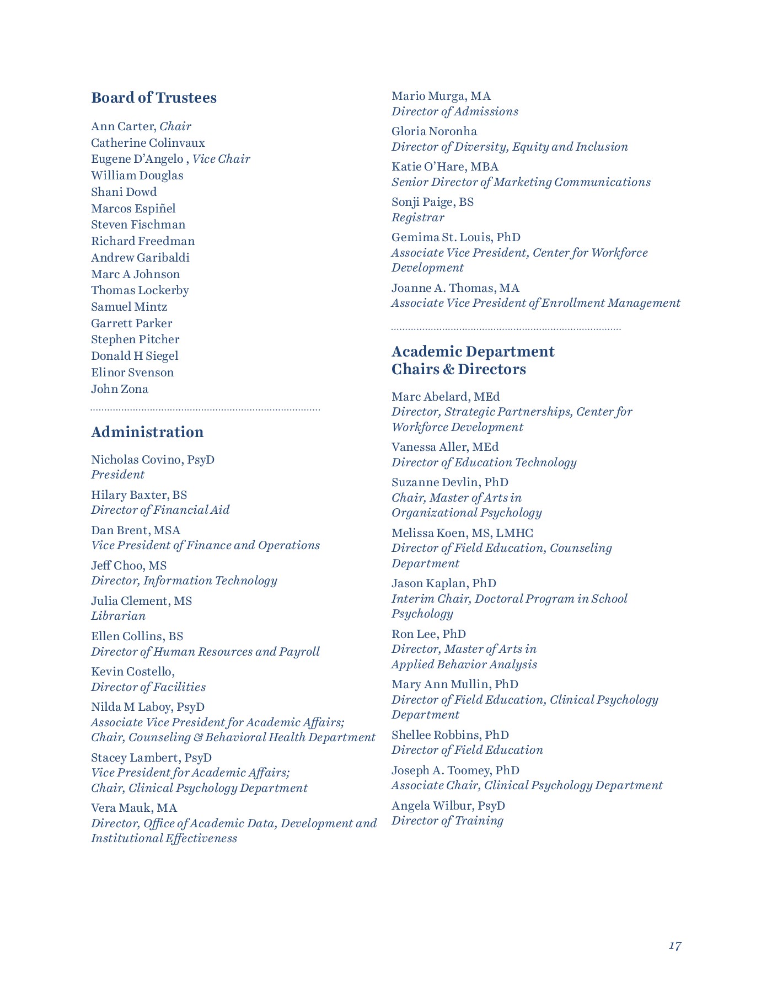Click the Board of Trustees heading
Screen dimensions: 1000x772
click(154, 98)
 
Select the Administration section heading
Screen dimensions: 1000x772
click(147, 432)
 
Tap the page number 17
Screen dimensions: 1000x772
click(675, 946)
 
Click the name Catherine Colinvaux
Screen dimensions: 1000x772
click(148, 143)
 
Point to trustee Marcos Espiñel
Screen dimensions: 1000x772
click(133, 209)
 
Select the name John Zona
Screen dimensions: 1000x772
click(120, 389)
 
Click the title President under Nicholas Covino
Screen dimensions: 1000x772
click(117, 475)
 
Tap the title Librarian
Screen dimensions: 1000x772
click(118, 616)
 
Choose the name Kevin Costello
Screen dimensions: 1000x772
click(132, 672)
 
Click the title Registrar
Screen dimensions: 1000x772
click(417, 217)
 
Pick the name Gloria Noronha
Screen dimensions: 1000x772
click(434, 131)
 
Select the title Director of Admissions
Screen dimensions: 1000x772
click(455, 111)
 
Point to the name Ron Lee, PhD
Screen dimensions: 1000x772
click(428, 634)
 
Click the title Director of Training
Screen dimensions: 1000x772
click(447, 821)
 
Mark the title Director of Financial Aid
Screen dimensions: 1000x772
click(160, 510)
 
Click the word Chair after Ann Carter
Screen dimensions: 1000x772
click(175, 126)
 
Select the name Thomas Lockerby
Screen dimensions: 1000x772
click(140, 290)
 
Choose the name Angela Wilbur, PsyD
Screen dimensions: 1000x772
click(448, 806)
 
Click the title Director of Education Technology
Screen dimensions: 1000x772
click(484, 462)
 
